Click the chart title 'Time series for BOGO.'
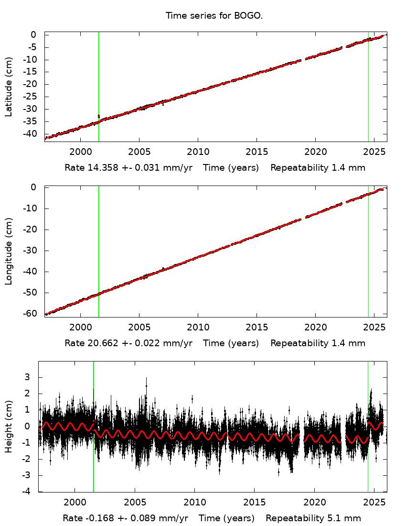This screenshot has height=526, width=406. [x=214, y=16]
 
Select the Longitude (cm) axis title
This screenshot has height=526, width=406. [x=9, y=252]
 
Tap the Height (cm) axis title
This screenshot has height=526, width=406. [x=9, y=427]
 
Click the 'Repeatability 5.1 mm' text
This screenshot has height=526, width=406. [x=313, y=518]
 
